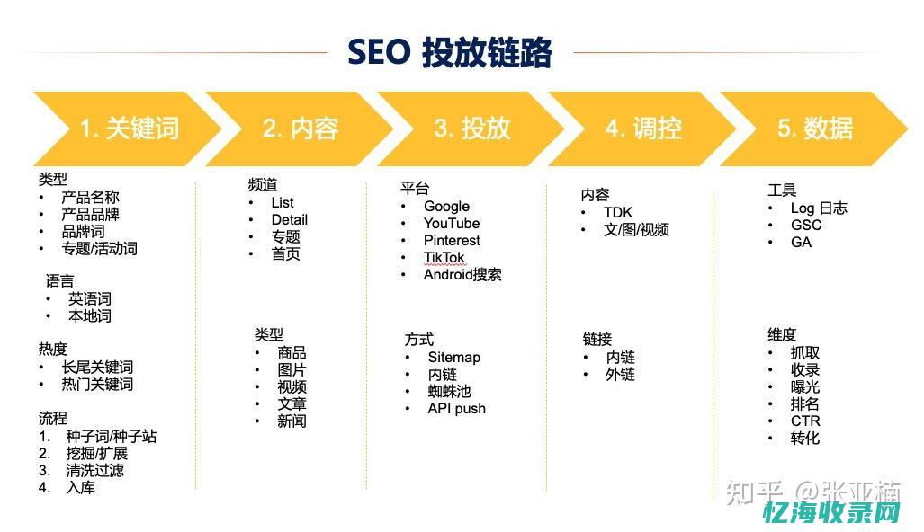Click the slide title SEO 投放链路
pyautogui.click(x=449, y=52)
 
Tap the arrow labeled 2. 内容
pyautogui.click(x=300, y=129)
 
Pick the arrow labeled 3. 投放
pyautogui.click(x=471, y=129)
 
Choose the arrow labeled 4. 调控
pyautogui.click(x=642, y=129)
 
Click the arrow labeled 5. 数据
pyautogui.click(x=814, y=129)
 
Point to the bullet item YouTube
pyautogui.click(x=452, y=223)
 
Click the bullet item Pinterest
pyautogui.click(x=452, y=240)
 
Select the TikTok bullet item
pyautogui.click(x=444, y=257)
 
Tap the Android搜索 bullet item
pyautogui.click(x=462, y=274)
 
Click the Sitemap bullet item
pyautogui.click(x=453, y=357)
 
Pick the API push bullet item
pyautogui.click(x=456, y=408)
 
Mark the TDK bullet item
pyautogui.click(x=618, y=212)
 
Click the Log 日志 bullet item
pyautogui.click(x=819, y=208)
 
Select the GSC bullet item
pyautogui.click(x=806, y=225)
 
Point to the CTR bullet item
pyautogui.click(x=805, y=421)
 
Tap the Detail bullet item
pyautogui.click(x=289, y=219)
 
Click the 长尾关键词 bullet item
pyautogui.click(x=97, y=367)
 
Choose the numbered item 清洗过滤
pyautogui.click(x=94, y=470)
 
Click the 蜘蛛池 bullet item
pyautogui.click(x=449, y=391)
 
